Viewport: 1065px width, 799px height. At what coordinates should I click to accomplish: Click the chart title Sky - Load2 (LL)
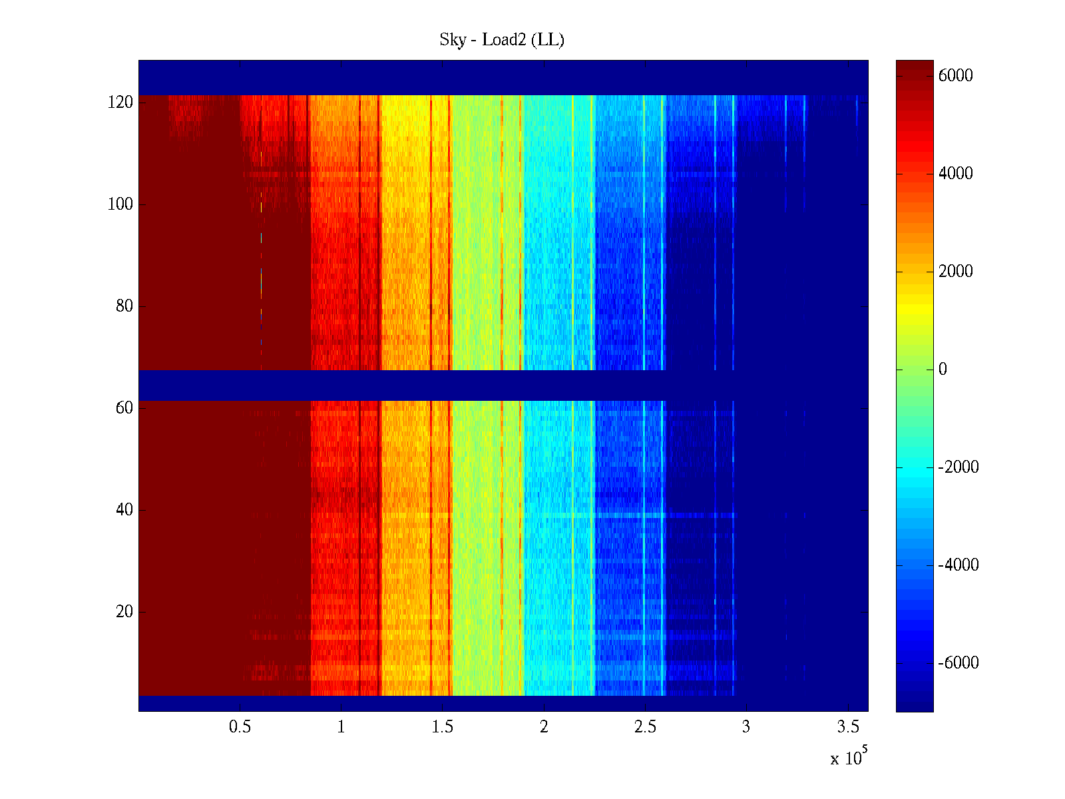tap(502, 40)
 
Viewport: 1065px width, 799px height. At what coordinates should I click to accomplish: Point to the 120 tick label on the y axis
tap(120, 103)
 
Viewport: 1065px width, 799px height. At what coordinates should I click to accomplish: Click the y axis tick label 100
tap(120, 204)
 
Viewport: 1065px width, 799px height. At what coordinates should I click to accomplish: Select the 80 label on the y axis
tap(124, 306)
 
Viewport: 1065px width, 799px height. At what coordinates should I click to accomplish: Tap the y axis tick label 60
tap(124, 408)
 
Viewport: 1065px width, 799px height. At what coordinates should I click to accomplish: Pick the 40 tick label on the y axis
tap(124, 510)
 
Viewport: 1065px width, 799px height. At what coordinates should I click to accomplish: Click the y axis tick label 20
tap(124, 612)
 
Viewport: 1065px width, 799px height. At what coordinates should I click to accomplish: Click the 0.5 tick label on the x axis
tap(240, 727)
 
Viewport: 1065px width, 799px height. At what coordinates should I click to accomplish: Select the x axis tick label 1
tap(341, 727)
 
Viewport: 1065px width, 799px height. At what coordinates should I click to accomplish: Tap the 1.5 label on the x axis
tap(443, 727)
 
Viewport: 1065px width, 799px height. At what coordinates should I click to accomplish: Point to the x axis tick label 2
tap(544, 727)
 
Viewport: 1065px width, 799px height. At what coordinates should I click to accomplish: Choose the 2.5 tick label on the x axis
tap(645, 727)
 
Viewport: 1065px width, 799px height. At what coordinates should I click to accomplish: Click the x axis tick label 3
tap(746, 727)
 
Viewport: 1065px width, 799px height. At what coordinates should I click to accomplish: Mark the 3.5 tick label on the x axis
tap(848, 727)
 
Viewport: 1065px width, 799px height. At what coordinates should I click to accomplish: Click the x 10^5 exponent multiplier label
tap(849, 757)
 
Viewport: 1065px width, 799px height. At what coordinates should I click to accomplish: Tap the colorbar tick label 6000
tap(956, 76)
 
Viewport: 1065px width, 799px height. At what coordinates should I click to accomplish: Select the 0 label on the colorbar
tap(943, 370)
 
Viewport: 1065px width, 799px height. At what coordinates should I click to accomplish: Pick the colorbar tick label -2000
tap(958, 467)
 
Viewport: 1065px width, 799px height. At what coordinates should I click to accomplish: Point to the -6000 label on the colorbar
tap(958, 663)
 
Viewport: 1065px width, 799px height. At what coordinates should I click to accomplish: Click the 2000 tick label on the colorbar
tap(956, 272)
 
